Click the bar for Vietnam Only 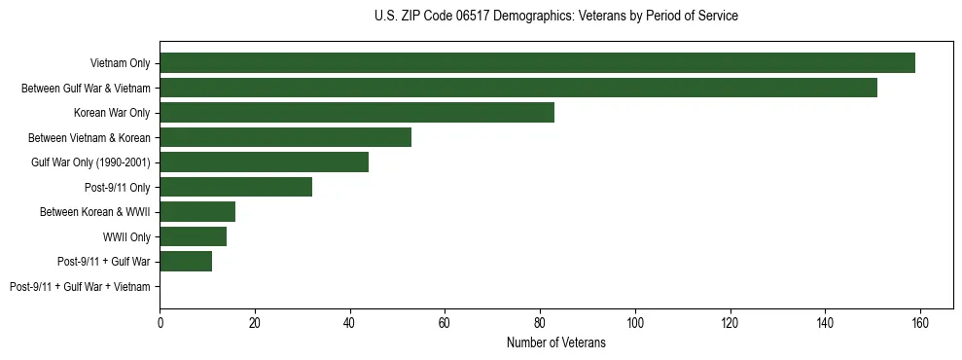coord(537,63)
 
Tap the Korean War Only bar coord(357,113)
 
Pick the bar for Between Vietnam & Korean coord(286,137)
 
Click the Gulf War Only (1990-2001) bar coord(265,162)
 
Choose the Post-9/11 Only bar coord(236,187)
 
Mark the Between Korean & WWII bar coord(197,212)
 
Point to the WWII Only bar coord(194,236)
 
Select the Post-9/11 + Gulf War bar coord(186,261)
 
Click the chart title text coord(555,17)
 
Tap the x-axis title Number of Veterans coord(555,342)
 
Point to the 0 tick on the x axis coord(160,323)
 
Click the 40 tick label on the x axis coord(350,323)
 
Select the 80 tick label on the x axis coord(540,323)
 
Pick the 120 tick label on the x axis coord(730,323)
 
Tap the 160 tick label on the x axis coord(919,323)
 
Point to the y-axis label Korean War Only coord(112,113)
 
